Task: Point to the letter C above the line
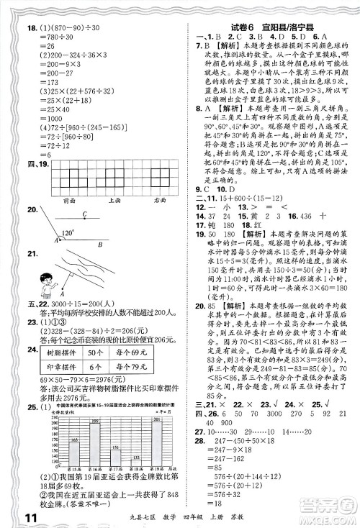(x=84, y=214)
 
